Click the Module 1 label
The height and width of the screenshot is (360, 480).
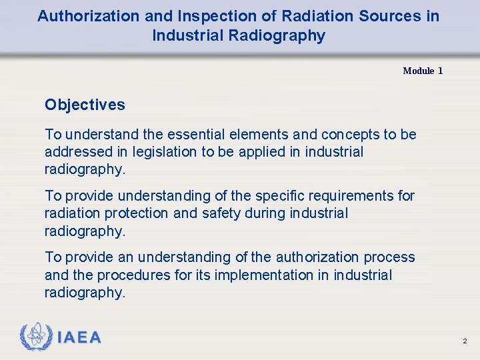coord(423,71)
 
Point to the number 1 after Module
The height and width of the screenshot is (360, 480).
coord(440,71)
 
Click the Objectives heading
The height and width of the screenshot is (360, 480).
coord(85,105)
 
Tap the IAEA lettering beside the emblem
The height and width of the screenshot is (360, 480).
coord(79,338)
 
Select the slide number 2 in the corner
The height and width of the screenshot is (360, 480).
coord(465,341)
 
